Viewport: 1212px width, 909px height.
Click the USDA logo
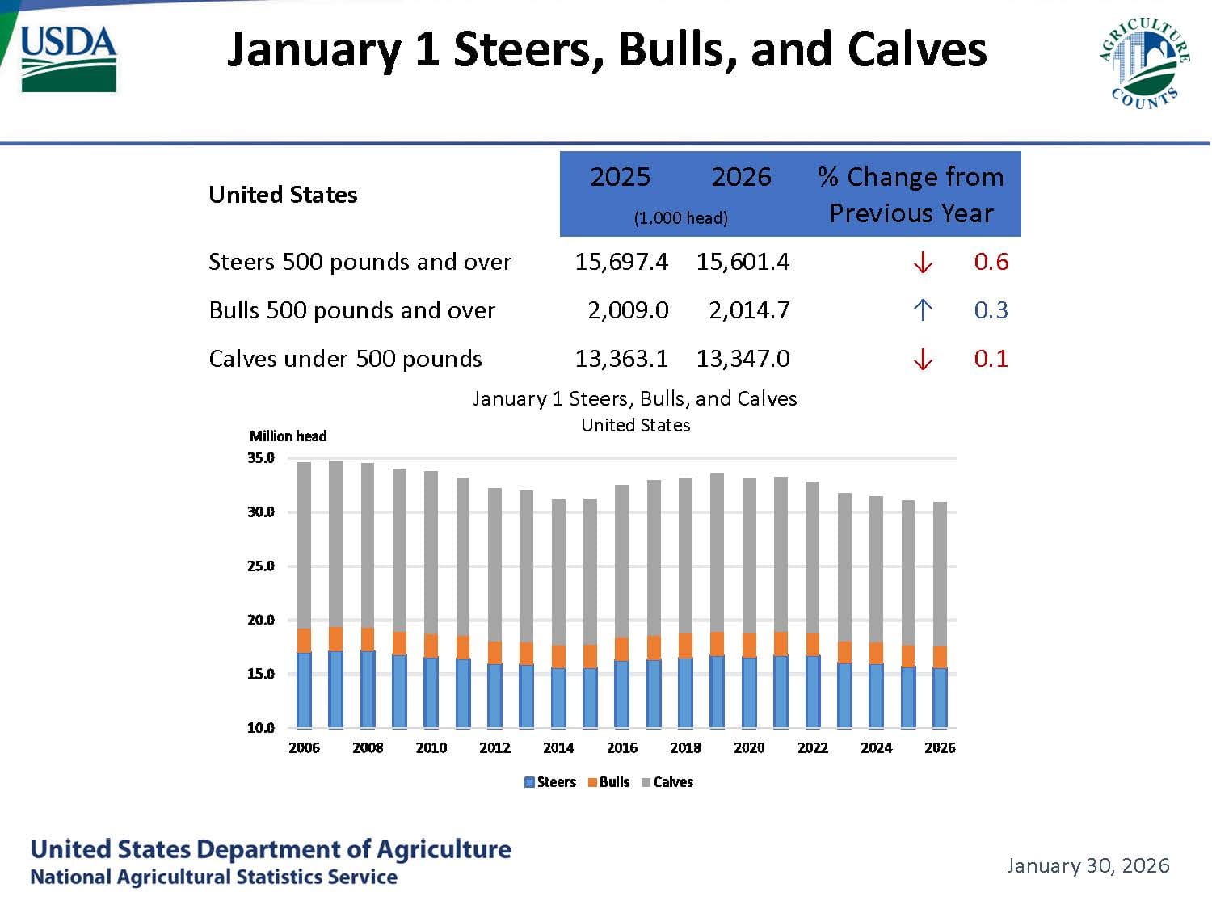[69, 58]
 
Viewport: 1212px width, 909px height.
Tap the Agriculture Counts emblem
[1143, 63]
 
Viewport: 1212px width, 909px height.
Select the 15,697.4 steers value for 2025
[621, 262]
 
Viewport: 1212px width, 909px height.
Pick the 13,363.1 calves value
[621, 359]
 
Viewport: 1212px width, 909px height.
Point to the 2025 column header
[620, 177]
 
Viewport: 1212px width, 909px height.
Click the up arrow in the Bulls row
[923, 310]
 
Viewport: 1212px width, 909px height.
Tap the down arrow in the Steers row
[923, 263]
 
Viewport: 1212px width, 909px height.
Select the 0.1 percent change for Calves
[991, 359]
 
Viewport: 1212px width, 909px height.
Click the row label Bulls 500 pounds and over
[351, 310]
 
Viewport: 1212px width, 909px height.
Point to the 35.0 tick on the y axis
[261, 458]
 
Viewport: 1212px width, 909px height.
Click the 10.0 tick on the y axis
[261, 728]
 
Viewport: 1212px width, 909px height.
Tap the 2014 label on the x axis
[558, 748]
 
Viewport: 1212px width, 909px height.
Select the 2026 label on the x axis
[940, 748]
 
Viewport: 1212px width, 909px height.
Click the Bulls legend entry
[608, 782]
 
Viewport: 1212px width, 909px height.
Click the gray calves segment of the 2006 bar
[304, 545]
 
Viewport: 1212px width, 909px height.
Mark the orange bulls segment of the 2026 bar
[940, 657]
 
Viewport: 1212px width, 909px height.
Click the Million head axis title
[288, 436]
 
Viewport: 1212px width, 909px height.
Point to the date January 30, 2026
[1088, 865]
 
